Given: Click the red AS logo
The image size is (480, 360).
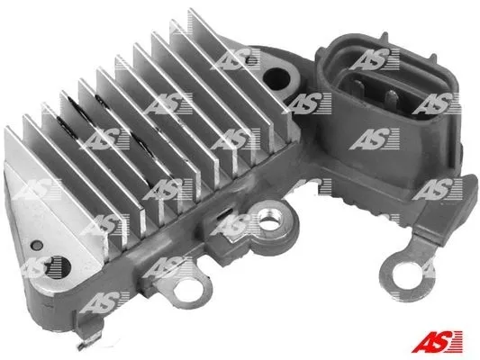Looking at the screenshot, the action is (437, 341).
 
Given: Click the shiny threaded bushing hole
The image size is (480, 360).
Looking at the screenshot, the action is (268, 221).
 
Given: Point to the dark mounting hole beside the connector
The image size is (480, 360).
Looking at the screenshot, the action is (276, 79).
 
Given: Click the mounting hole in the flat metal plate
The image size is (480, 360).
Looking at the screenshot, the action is (58, 267).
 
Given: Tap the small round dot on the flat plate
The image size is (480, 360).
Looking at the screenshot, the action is (38, 245).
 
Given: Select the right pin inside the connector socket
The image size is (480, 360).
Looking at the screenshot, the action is (391, 98).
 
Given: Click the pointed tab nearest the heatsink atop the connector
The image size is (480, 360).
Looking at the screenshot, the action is (385, 37).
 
